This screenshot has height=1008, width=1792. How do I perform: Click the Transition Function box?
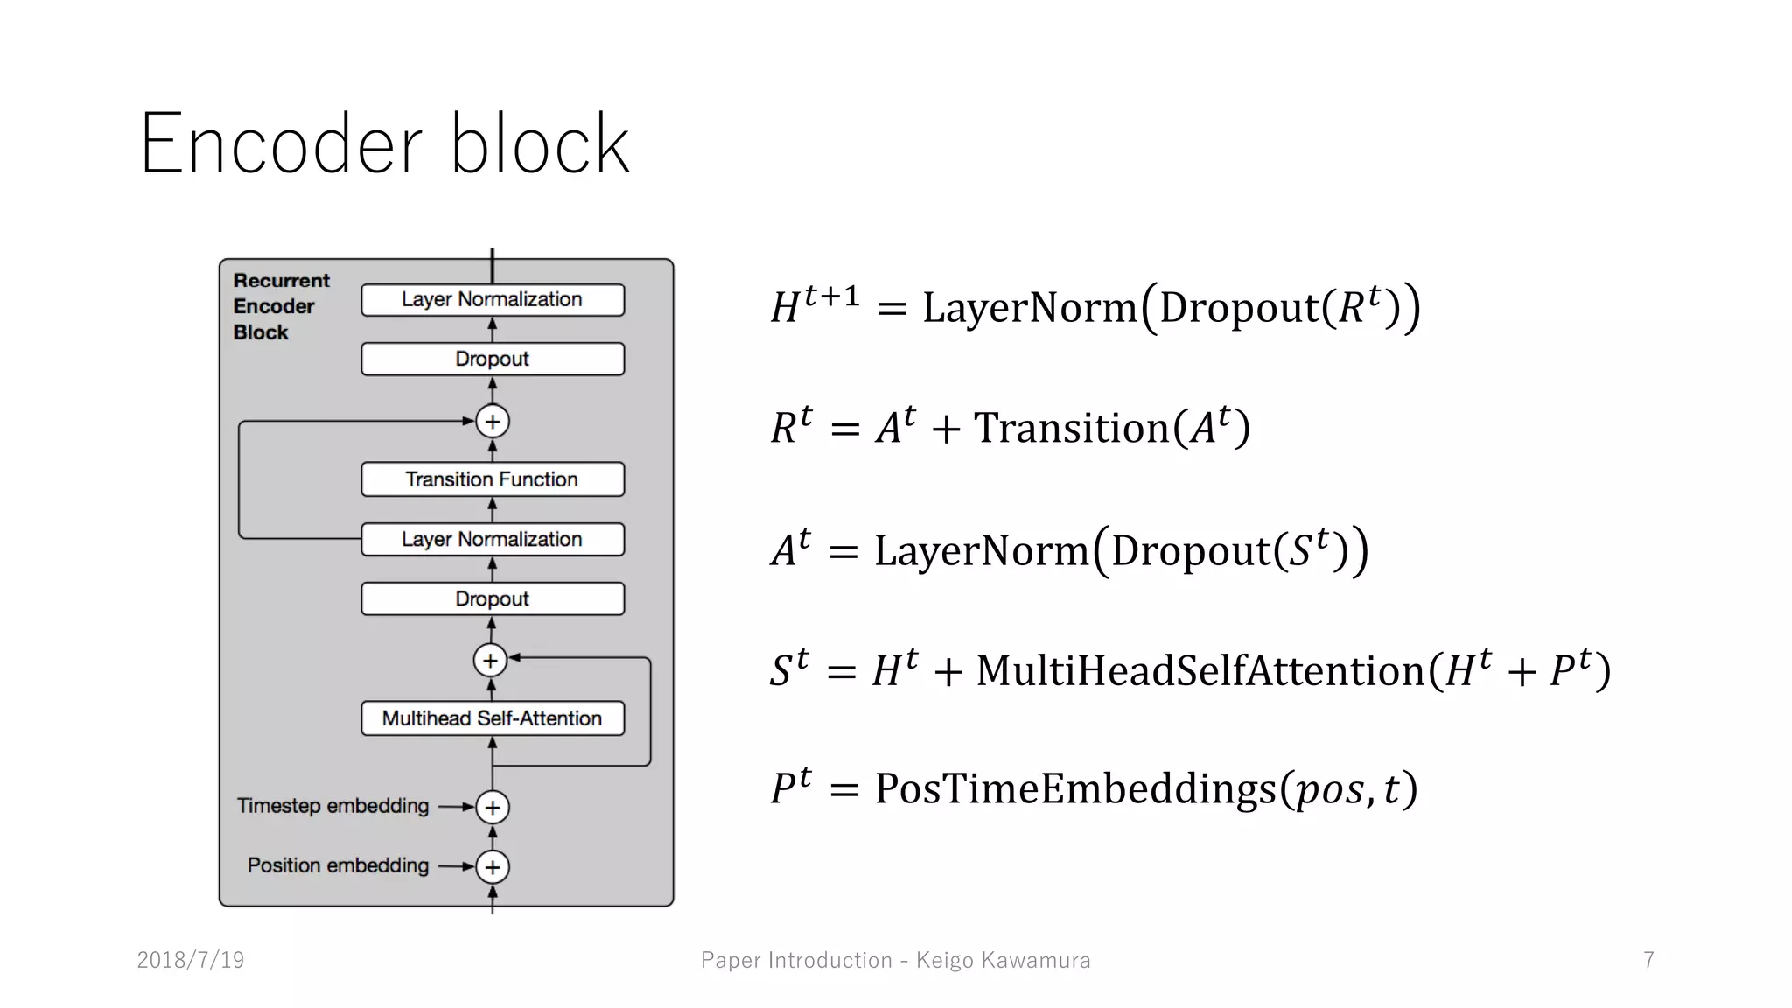(493, 479)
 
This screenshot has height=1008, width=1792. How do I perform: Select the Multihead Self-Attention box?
(493, 718)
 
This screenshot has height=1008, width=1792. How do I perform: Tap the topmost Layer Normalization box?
(493, 299)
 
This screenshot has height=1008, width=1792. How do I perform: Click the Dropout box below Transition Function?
(493, 599)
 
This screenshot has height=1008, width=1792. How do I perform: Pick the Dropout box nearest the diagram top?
(493, 359)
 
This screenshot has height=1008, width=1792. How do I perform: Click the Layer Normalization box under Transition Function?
(493, 539)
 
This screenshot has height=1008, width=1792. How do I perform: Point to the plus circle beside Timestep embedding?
(493, 807)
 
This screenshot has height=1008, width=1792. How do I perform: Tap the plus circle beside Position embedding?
(493, 867)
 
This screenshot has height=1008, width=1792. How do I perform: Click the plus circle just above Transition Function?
(493, 422)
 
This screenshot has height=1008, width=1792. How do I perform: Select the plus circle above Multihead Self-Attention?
(491, 661)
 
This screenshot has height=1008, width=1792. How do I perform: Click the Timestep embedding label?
(332, 806)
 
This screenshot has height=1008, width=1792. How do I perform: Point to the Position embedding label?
(338, 865)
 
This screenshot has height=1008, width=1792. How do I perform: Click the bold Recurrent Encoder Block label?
(280, 306)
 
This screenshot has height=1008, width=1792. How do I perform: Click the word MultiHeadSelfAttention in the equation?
(1200, 671)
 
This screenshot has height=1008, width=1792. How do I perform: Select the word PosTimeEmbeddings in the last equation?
(1075, 788)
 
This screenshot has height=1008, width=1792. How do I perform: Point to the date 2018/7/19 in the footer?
(191, 960)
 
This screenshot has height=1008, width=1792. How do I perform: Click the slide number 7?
(1648, 960)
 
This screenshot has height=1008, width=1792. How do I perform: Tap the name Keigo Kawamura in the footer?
(1003, 960)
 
